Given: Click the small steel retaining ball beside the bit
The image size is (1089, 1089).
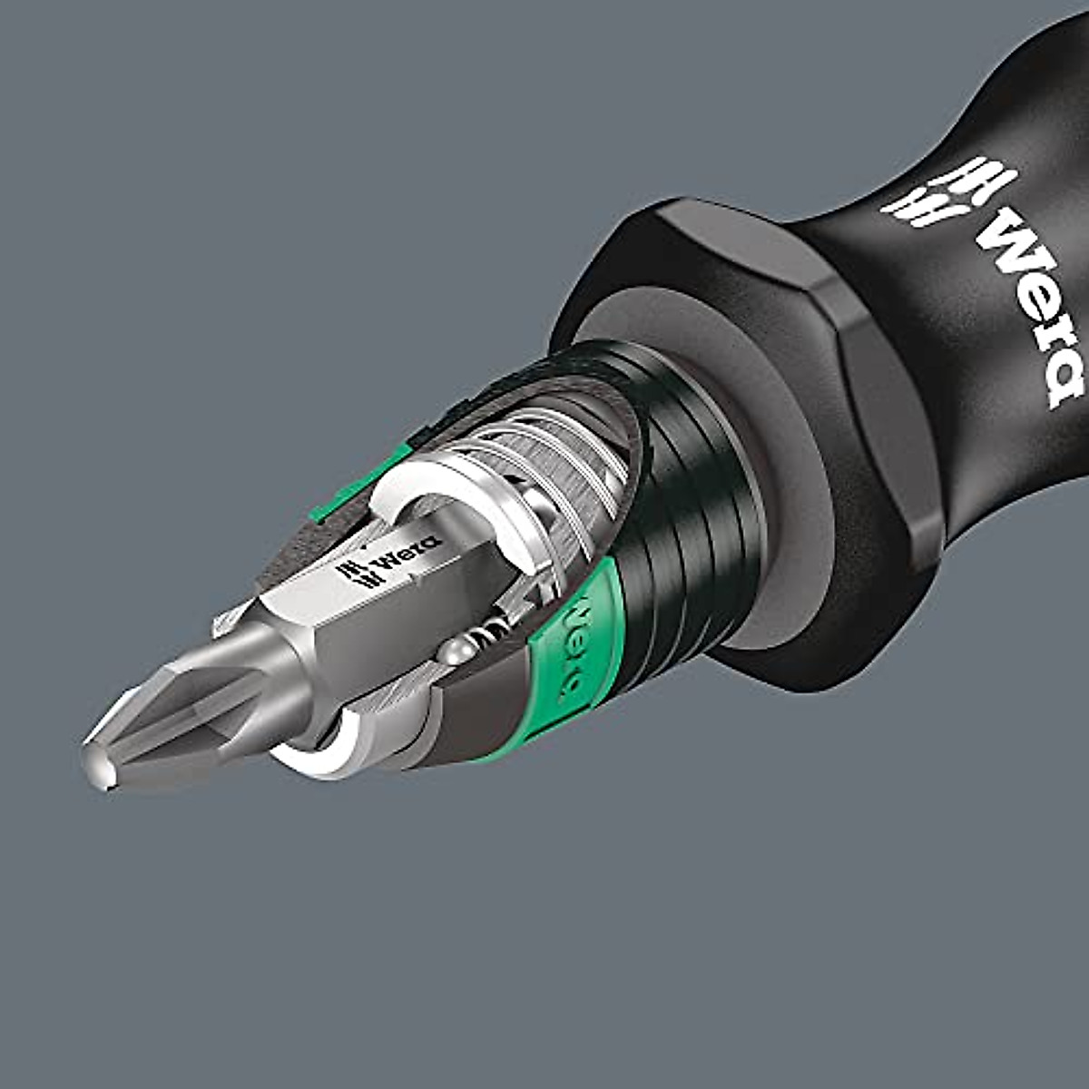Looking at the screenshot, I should coord(456,651).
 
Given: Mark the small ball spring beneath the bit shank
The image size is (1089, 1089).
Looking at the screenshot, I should coord(495,626).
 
